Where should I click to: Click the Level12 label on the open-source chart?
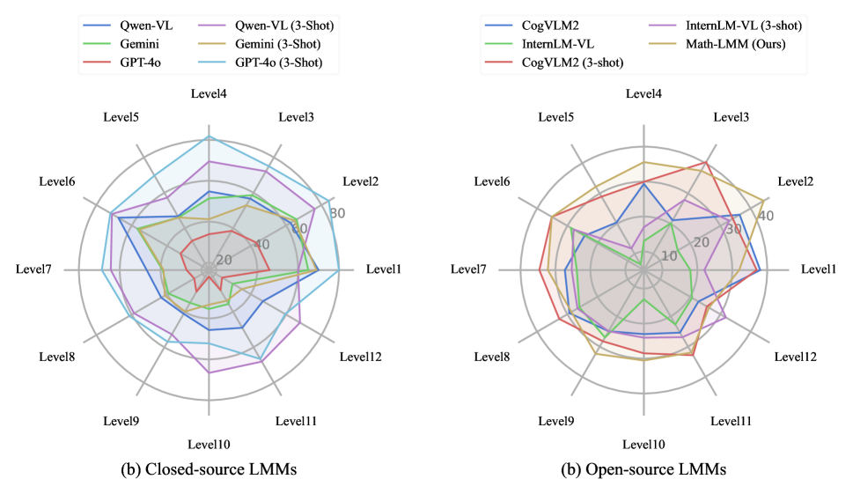point(796,357)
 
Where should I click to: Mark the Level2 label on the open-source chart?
point(796,181)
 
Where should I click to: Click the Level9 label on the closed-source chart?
point(122,420)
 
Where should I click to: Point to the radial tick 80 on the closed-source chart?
point(337,212)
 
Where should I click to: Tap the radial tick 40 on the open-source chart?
point(765,215)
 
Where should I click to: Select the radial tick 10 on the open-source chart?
point(669,256)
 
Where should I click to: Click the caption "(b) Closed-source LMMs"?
point(209,470)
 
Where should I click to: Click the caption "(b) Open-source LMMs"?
point(644,470)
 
